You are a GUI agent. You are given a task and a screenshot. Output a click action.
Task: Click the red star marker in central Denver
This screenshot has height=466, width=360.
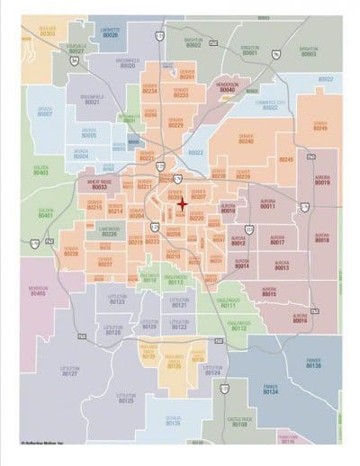pos(182,204)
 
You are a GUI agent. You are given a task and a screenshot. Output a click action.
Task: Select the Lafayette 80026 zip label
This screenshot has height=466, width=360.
pos(110,32)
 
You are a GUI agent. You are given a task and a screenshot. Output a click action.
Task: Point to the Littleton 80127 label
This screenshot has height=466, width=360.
pos(69,371)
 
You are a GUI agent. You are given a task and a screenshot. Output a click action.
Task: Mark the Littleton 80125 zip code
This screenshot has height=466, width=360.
pos(126,398)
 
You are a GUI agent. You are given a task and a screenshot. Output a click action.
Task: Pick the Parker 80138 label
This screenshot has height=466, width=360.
pos(312,363)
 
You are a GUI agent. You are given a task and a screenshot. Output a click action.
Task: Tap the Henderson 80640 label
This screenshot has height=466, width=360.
pos(227,87)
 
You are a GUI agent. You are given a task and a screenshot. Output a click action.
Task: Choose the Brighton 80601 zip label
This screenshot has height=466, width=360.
pos(250,51)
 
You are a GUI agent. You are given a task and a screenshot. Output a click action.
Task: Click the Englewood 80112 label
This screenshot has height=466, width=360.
pos(238,326)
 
